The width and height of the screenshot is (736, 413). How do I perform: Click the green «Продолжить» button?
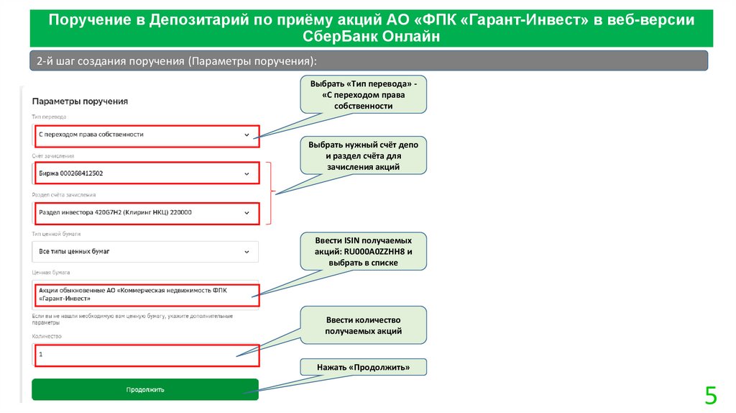[x=144, y=389]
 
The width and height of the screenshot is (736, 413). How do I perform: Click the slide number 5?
[x=710, y=396]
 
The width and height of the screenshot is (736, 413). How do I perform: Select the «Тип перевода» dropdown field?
[x=144, y=135]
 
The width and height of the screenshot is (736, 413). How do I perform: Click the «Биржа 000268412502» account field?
[x=144, y=173]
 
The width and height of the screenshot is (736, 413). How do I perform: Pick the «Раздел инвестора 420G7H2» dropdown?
[x=144, y=212]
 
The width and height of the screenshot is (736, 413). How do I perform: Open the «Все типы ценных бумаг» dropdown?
[x=144, y=252]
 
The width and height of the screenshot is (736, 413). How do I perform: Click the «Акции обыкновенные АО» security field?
[x=144, y=294]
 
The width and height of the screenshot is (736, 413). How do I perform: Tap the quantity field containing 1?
[x=144, y=354]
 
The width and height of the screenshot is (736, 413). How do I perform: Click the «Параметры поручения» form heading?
[x=80, y=101]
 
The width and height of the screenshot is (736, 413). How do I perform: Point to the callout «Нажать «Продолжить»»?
[x=364, y=368]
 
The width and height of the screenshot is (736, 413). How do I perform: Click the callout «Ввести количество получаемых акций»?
[x=364, y=325]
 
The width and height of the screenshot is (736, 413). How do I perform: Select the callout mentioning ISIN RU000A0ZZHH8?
[x=364, y=251]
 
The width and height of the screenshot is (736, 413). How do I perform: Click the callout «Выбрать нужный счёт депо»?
[x=364, y=155]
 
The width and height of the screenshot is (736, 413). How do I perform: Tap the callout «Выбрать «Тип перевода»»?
[x=364, y=94]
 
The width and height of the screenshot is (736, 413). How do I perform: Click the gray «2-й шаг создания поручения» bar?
[x=368, y=61]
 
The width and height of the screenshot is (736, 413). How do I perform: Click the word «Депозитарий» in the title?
[x=193, y=19]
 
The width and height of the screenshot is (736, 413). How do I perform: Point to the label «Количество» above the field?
[x=47, y=336]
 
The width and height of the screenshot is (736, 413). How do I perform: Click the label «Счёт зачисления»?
[x=53, y=155]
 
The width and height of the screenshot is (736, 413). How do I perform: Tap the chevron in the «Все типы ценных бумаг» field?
[x=247, y=252]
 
